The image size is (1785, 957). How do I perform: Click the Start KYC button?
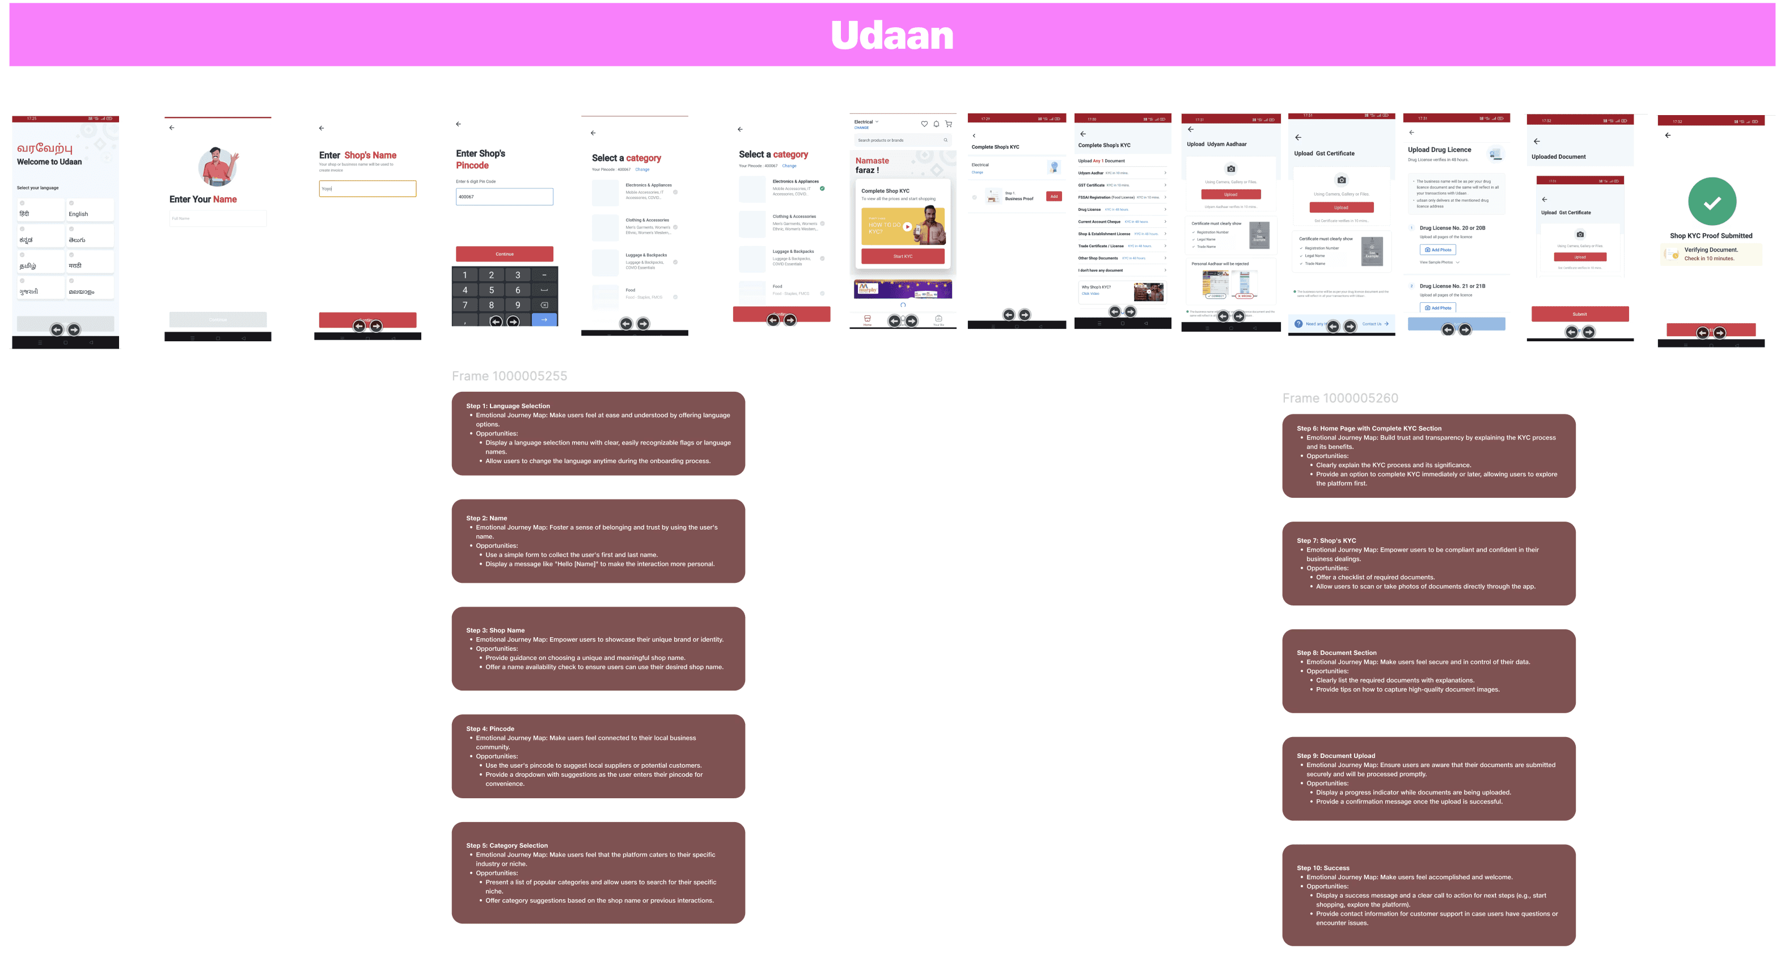(902, 256)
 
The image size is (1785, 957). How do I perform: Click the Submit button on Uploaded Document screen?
(1579, 314)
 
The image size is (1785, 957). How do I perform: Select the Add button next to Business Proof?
(1054, 197)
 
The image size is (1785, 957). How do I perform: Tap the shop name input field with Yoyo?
(367, 188)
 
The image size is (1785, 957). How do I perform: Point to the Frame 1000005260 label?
(1339, 399)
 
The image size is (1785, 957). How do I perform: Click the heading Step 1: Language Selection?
(508, 406)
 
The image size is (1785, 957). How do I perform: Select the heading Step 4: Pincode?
(490, 729)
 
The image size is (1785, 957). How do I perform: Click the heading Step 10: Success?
(1323, 867)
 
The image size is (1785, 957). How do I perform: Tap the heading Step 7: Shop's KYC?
(1326, 540)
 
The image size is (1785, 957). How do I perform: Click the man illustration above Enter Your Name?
(218, 166)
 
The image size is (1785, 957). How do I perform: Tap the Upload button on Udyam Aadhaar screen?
(1230, 194)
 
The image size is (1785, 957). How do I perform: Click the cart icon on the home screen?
(949, 124)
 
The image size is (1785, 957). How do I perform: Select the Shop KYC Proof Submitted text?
(1710, 236)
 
